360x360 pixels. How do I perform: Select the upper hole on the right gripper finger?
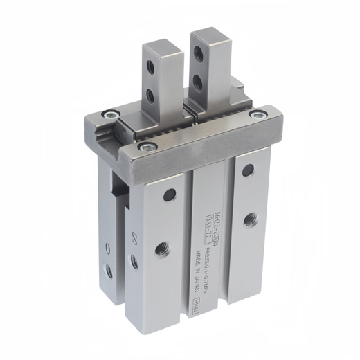point(200,53)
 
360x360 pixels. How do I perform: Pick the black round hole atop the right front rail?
point(247,171)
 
